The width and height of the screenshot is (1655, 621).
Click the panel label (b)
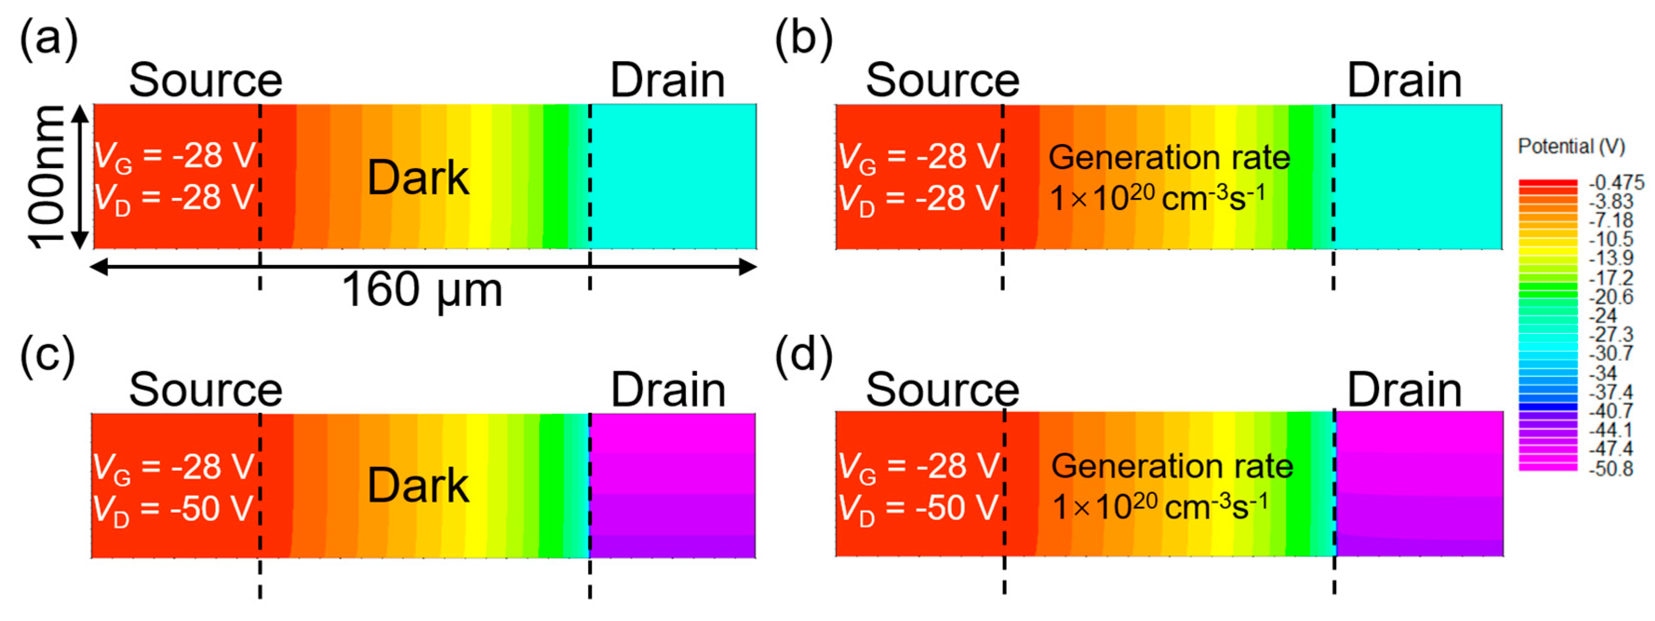click(x=803, y=40)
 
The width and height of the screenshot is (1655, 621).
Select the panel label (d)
click(x=803, y=355)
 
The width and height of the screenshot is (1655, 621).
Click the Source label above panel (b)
click(x=942, y=81)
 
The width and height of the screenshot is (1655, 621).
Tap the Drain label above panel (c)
click(x=668, y=390)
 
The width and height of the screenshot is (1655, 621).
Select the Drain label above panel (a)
click(x=668, y=81)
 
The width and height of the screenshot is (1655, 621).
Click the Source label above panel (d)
click(x=942, y=390)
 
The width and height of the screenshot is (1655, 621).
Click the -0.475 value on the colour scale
click(x=1616, y=182)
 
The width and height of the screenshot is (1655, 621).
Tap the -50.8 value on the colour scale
click(x=1610, y=468)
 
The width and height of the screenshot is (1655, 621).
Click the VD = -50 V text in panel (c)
click(x=173, y=509)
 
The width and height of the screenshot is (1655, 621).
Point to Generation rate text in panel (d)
click(x=1172, y=466)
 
